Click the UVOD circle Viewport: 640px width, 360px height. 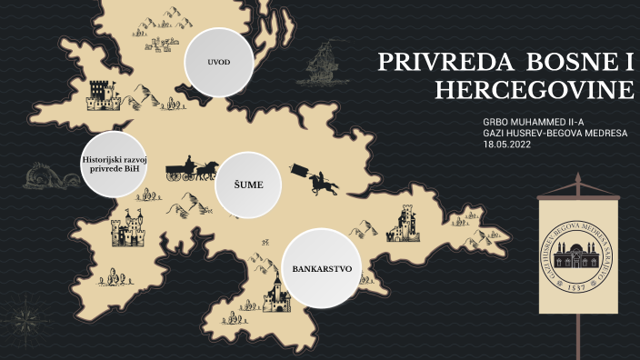pyautogui.click(x=218, y=62)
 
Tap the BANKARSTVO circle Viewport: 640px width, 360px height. pyautogui.click(x=321, y=268)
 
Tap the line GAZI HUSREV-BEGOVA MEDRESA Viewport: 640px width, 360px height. pyautogui.click(x=555, y=133)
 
